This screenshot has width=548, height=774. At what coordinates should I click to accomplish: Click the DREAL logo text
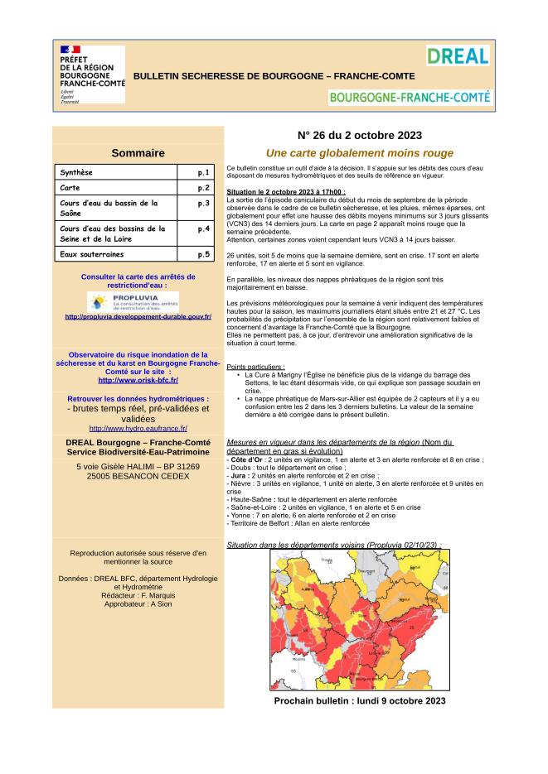pyautogui.click(x=458, y=57)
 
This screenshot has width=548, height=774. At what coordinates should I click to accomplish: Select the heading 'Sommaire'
pyautogui.click(x=138, y=153)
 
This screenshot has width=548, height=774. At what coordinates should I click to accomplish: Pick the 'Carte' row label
pyautogui.click(x=71, y=188)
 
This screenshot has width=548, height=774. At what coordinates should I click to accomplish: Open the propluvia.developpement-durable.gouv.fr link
pyautogui.click(x=138, y=316)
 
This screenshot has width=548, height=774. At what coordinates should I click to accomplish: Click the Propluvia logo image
pyautogui.click(x=138, y=300)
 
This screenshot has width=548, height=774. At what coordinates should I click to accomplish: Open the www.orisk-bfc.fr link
pyautogui.click(x=138, y=380)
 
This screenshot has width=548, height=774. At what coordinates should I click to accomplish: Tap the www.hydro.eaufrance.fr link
pyautogui.click(x=138, y=428)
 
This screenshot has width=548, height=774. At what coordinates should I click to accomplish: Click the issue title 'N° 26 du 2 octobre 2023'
pyautogui.click(x=360, y=136)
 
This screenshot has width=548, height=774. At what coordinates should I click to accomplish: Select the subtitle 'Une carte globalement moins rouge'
pyautogui.click(x=360, y=153)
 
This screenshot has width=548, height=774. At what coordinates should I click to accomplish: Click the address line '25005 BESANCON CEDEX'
pyautogui.click(x=138, y=478)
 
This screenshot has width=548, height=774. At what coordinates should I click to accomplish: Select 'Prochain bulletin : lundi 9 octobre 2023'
pyautogui.click(x=360, y=700)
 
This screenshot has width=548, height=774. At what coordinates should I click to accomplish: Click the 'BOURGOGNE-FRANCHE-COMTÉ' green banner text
pyautogui.click(x=410, y=97)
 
